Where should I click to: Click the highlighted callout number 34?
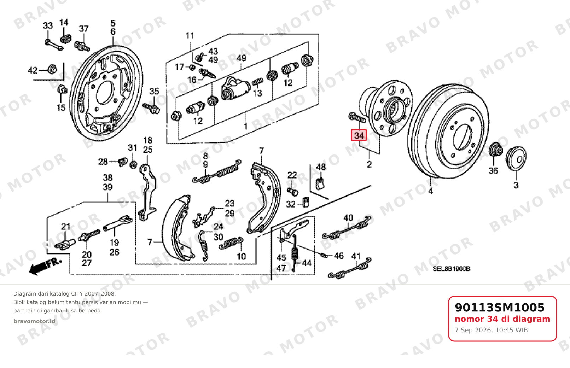tap(359, 135)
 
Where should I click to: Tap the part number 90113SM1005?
tap(500, 308)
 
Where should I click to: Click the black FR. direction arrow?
tap(45, 267)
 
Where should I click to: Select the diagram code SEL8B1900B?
tap(452, 269)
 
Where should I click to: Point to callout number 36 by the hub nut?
tap(493, 171)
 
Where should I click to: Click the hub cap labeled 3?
tap(516, 158)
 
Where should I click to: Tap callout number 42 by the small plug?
tap(33, 70)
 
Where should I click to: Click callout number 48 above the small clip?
tap(321, 167)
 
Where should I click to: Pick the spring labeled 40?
tap(347, 228)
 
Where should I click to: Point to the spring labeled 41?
tap(350, 269)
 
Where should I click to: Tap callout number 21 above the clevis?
tap(66, 226)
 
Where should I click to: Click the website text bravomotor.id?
tap(34, 321)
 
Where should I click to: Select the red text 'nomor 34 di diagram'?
tap(502, 319)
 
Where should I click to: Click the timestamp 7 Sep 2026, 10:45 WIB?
tap(492, 330)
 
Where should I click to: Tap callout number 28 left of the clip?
tap(103, 162)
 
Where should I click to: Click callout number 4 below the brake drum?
tap(430, 191)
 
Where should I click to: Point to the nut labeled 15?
tap(62, 89)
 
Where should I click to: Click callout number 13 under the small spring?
tap(257, 93)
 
